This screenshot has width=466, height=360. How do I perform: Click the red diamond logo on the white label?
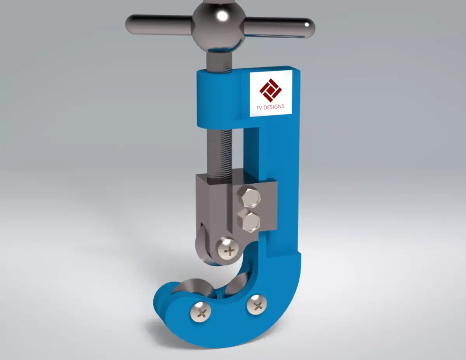click(270, 89)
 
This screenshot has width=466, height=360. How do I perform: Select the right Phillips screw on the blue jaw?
click(257, 304)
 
